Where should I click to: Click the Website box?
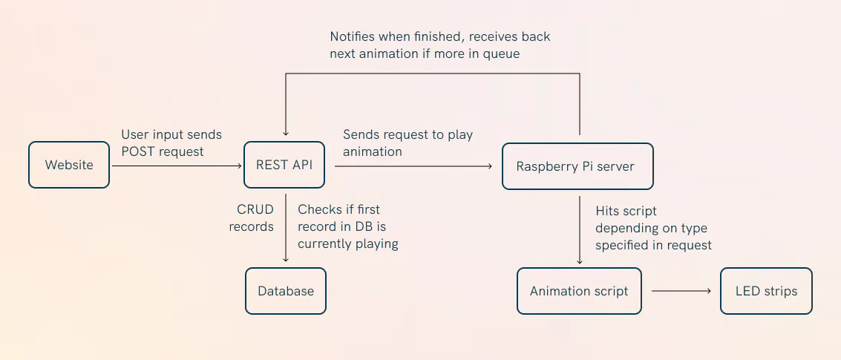[68, 165]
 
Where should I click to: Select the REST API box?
[284, 165]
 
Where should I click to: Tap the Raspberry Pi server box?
[577, 166]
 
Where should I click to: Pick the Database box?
[286, 291]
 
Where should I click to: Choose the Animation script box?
[579, 291]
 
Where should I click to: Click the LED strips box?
[767, 291]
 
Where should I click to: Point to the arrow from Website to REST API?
[177, 166]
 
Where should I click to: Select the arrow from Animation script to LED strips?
[681, 291]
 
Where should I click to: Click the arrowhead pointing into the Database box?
[286, 260]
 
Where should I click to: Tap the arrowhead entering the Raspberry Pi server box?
[489, 166]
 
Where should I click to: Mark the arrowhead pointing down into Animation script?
[580, 261]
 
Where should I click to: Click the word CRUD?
[255, 209]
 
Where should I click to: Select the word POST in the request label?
[137, 152]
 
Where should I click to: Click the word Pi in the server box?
[589, 166]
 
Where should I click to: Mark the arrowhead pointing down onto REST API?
[286, 133]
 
